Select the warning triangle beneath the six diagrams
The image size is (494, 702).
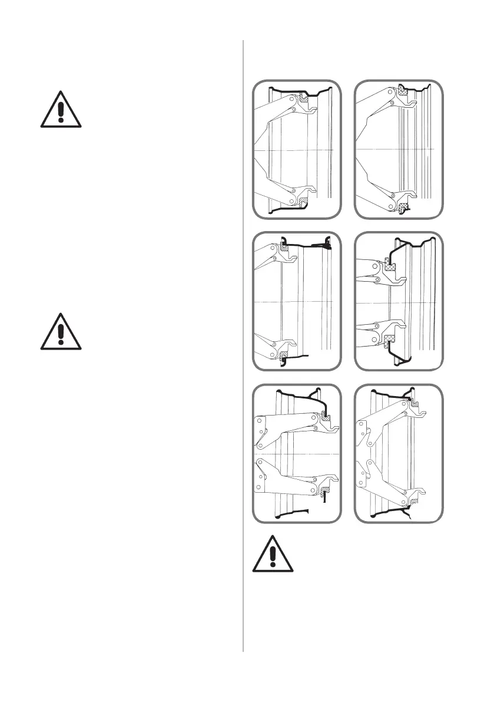273,554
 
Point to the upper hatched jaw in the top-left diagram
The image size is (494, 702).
304,101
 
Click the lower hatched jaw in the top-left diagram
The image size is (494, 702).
304,202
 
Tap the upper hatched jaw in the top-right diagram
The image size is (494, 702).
403,90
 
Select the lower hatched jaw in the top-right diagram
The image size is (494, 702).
403,207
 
